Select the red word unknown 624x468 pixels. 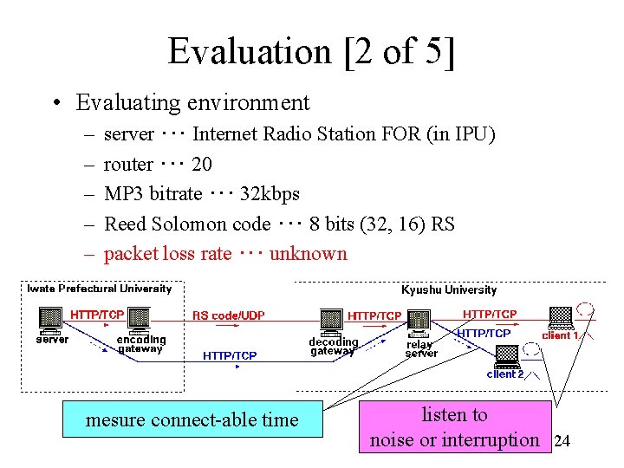308,254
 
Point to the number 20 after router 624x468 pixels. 201,164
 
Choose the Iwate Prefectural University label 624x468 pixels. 100,289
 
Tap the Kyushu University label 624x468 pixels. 449,289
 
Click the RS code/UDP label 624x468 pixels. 229,315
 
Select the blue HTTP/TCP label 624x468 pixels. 230,355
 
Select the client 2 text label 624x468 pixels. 505,374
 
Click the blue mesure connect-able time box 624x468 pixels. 192,419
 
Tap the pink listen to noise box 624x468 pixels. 454,427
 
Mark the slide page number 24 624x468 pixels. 562,441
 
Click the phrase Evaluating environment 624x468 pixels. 192,102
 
